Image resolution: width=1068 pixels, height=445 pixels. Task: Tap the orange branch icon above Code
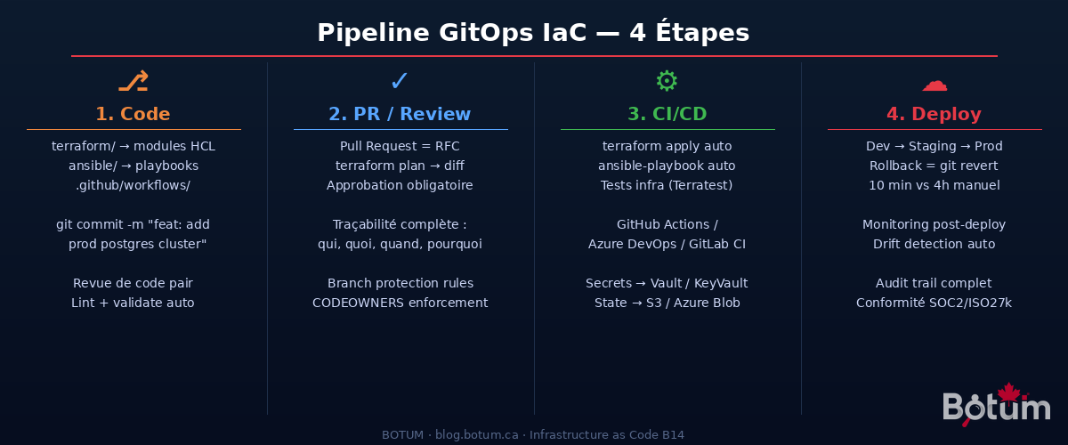click(x=133, y=82)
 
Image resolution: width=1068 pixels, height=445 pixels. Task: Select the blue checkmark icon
click(x=400, y=82)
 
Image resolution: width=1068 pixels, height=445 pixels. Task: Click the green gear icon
click(x=667, y=82)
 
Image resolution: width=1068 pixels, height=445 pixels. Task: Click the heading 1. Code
click(x=133, y=114)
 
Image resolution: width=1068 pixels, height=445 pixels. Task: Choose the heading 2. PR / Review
click(x=400, y=114)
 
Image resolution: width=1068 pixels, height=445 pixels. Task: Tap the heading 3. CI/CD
click(x=667, y=114)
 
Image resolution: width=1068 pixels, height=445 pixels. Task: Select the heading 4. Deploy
click(x=934, y=114)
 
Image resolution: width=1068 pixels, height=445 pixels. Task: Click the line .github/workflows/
click(x=133, y=185)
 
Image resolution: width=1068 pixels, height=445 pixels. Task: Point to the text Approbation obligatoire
click(x=400, y=185)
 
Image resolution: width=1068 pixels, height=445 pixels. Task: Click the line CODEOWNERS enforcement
click(x=400, y=303)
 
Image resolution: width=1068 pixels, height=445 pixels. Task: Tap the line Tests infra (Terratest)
click(x=667, y=185)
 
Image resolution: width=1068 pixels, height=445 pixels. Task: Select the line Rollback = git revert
click(x=934, y=166)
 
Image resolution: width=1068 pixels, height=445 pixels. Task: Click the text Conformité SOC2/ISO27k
click(x=934, y=303)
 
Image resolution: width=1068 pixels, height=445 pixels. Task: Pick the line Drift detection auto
click(x=934, y=244)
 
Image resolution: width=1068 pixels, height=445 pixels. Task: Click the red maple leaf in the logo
click(x=1007, y=393)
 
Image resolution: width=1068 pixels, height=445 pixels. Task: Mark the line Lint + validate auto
click(x=133, y=303)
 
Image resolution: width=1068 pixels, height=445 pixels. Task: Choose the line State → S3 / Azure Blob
click(x=667, y=303)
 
